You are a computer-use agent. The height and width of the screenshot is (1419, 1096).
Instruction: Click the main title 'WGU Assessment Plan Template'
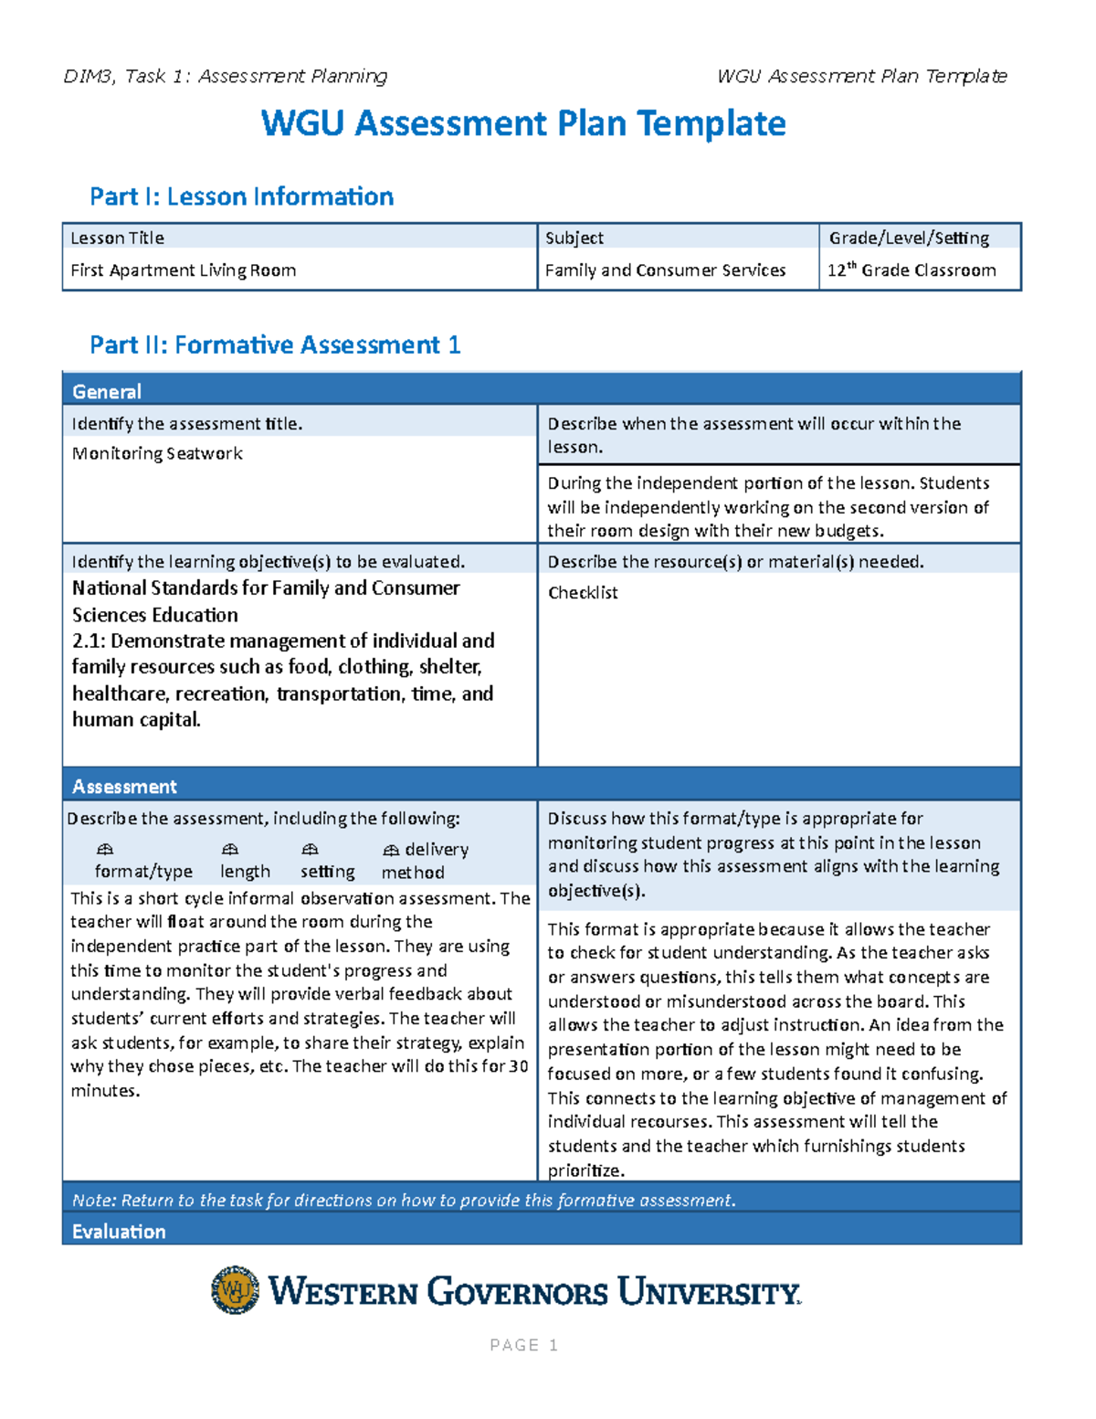pos(523,123)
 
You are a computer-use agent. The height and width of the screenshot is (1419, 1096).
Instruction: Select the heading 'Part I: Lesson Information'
pos(241,196)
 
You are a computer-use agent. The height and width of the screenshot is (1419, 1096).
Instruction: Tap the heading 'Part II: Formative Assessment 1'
pos(275,344)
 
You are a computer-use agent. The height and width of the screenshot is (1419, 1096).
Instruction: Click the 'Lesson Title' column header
pos(117,238)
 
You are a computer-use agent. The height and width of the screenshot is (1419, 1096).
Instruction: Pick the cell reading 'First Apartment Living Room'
pos(183,270)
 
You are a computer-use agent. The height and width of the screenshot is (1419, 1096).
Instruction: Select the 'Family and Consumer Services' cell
pos(665,270)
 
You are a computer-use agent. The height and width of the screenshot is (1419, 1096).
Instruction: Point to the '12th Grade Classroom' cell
pos(912,270)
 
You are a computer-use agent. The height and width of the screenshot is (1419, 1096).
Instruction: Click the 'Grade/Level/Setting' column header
pos(909,238)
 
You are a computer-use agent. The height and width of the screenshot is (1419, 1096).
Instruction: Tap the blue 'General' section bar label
pos(107,392)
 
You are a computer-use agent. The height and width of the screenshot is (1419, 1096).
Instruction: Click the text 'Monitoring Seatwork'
pos(157,453)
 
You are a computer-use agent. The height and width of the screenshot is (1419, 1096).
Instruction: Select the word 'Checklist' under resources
pos(583,593)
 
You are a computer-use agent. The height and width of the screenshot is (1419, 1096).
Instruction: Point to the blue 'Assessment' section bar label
pos(124,787)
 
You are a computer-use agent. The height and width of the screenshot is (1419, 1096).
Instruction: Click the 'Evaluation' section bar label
pos(119,1232)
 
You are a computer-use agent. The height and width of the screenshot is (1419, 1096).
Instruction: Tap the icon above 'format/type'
pos(105,850)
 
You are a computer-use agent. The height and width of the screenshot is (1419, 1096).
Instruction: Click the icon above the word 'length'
pos(230,850)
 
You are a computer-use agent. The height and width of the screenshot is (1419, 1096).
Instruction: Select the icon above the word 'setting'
pos(311,850)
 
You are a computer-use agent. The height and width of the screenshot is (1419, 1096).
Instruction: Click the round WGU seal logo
pos(235,1290)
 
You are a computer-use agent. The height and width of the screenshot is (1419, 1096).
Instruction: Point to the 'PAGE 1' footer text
pos(523,1345)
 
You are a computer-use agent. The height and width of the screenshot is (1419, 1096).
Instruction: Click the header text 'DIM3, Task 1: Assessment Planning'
pos(226,77)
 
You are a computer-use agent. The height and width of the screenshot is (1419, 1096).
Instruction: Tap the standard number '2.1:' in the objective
pos(89,641)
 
